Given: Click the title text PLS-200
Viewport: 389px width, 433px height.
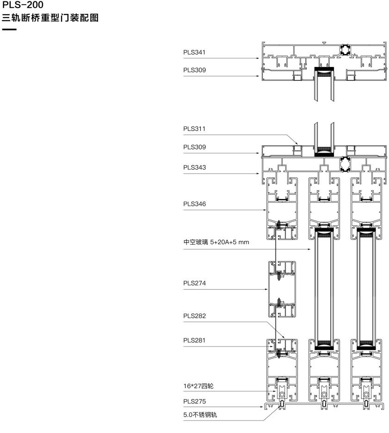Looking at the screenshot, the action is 23,5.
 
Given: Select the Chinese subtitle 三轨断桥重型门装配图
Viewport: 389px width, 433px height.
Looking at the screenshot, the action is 50,18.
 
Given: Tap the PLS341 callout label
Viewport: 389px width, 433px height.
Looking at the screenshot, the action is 194,52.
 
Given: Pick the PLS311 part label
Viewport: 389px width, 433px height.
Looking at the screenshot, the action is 194,129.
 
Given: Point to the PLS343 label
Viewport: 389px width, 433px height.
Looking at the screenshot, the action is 195,167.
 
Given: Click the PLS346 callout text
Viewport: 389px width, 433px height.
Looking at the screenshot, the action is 195,204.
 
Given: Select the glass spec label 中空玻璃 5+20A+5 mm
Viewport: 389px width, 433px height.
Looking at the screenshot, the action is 216,242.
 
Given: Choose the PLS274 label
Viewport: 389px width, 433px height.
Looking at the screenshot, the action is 195,283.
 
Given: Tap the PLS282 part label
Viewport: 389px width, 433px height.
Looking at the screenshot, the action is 195,315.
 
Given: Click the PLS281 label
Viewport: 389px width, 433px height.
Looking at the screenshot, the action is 194,340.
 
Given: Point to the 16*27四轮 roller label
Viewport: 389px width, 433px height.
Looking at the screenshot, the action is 198,386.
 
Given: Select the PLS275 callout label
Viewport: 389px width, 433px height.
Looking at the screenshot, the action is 195,401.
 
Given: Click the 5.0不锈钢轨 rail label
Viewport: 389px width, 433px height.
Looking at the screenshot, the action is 200,415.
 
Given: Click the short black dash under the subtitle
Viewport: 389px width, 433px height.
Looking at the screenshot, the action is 9,29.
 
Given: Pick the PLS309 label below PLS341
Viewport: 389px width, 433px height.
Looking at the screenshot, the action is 195,70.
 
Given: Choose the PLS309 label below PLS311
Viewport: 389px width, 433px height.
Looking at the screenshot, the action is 195,147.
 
